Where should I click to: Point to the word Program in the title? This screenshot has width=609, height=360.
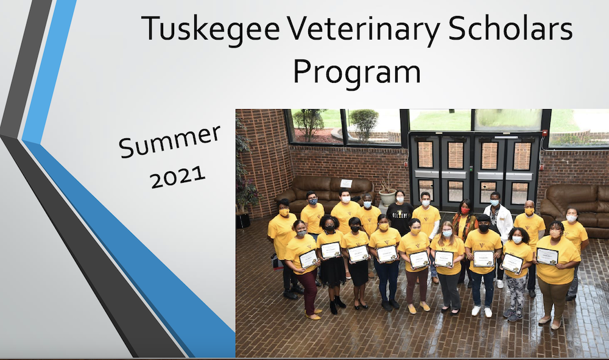pos(356,71)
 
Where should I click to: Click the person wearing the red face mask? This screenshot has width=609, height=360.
pos(465,225)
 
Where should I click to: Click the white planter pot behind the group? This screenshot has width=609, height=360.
pos(387,197)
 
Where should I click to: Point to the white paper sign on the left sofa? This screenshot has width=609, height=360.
pos(346,183)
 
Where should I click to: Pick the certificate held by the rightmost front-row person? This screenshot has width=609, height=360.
pos(547,256)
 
